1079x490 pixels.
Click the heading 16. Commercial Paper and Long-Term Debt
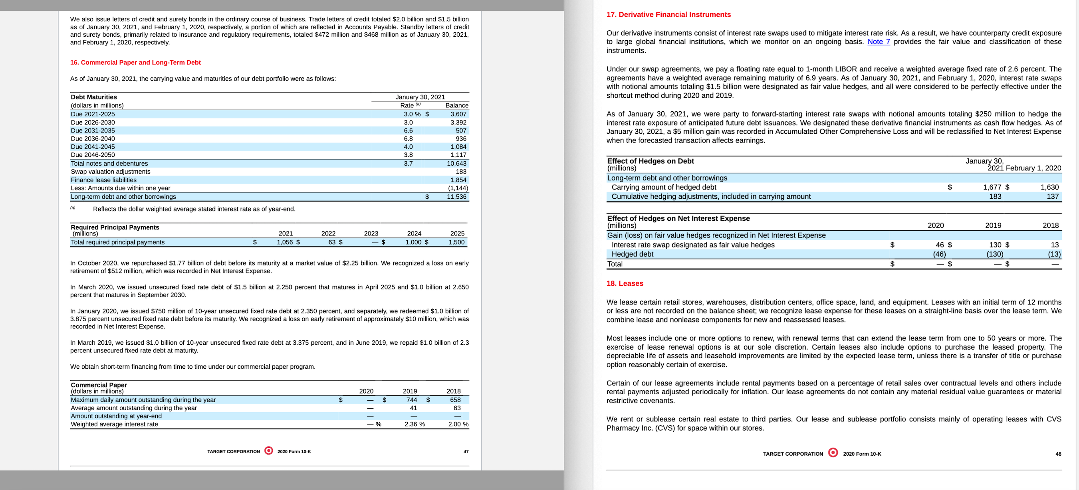tap(135, 62)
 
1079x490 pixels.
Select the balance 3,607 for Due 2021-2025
tap(458, 114)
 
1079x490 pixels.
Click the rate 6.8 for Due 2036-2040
tap(408, 138)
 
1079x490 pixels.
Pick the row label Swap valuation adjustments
tap(111, 172)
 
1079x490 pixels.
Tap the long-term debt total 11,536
tap(456, 197)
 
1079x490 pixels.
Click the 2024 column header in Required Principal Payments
tap(414, 233)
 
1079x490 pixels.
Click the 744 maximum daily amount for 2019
tap(411, 399)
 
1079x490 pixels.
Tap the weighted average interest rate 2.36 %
tap(414, 424)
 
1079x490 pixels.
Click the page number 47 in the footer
tap(466, 452)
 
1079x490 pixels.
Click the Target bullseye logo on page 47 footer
tap(269, 450)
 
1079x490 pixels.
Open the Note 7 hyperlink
tap(879, 42)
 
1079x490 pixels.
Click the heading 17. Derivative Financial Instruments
tap(668, 15)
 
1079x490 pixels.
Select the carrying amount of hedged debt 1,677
tap(992, 187)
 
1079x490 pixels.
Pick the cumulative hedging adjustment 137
tap(1052, 197)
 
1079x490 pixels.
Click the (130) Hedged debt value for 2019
tap(994, 254)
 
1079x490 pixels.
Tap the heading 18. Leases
tap(625, 283)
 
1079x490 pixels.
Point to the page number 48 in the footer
tap(1058, 454)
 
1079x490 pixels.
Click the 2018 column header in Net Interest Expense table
tap(1050, 225)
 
